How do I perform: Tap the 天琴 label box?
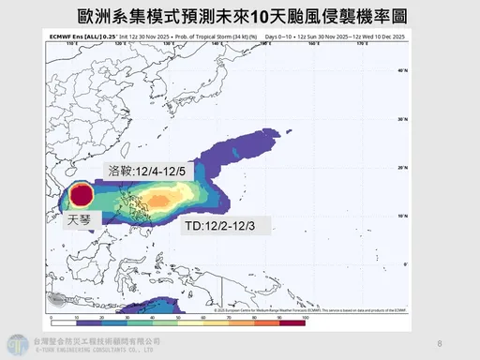click(x=80, y=221)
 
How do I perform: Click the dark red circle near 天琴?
click(x=82, y=196)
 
